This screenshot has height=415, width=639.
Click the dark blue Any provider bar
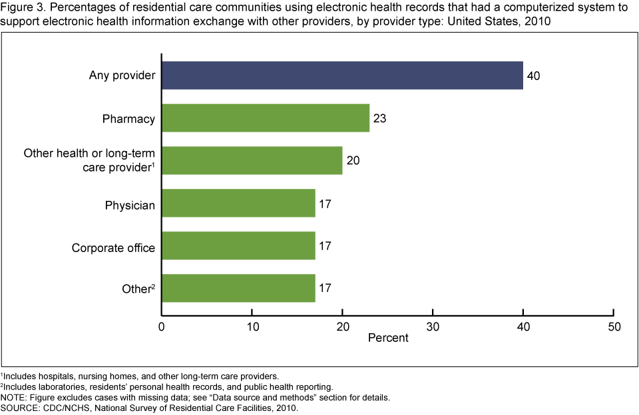pyautogui.click(x=342, y=75)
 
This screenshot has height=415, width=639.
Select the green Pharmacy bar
pyautogui.click(x=265, y=118)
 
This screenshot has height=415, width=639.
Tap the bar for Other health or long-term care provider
pyautogui.click(x=252, y=160)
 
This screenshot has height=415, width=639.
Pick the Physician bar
pyautogui.click(x=238, y=203)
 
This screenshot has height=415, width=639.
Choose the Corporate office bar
pyautogui.click(x=238, y=245)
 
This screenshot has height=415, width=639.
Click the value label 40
pyautogui.click(x=533, y=76)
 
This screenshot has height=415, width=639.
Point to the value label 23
pyautogui.click(x=379, y=119)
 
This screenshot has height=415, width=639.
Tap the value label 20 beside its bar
pyautogui.click(x=353, y=161)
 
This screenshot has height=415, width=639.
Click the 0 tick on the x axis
pyautogui.click(x=161, y=327)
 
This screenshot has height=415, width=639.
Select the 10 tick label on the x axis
pyautogui.click(x=252, y=327)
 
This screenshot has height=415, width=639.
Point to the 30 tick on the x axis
pyautogui.click(x=433, y=327)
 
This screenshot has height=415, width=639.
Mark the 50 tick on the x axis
pyautogui.click(x=614, y=327)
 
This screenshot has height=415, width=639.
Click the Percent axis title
pyautogui.click(x=388, y=338)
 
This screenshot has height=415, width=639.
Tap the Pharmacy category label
pyautogui.click(x=128, y=119)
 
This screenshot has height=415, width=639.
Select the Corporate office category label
pyautogui.click(x=113, y=248)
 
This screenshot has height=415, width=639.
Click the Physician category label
pyautogui.click(x=130, y=206)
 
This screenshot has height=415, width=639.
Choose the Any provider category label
pyautogui.click(x=122, y=76)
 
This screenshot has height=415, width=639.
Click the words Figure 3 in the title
pyautogui.click(x=21, y=8)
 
